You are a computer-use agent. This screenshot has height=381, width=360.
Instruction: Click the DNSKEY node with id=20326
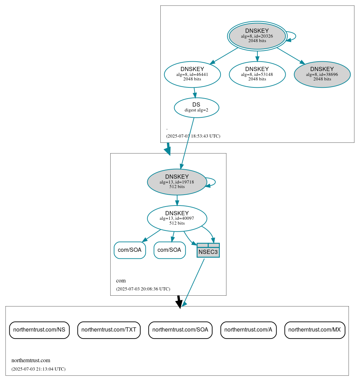(257, 36)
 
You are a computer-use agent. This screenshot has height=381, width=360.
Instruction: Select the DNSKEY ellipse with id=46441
(192, 74)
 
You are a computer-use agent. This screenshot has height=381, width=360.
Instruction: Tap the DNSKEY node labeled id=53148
(257, 74)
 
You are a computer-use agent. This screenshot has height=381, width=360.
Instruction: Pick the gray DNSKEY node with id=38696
(322, 74)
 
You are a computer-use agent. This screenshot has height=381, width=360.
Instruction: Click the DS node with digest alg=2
(196, 108)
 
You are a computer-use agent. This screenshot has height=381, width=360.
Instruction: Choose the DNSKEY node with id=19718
(177, 182)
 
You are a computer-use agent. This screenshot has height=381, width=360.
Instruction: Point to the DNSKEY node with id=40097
(177, 218)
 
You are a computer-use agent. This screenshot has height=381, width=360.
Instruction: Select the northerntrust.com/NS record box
(39, 330)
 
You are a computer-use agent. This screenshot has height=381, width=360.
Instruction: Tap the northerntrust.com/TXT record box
(109, 330)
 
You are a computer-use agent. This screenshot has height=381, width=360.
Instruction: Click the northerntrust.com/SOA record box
(180, 330)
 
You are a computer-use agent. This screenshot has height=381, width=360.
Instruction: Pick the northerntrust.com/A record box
(248, 330)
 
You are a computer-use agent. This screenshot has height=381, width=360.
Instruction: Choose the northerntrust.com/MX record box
(315, 330)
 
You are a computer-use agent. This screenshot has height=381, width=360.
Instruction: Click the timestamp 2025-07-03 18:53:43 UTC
(193, 136)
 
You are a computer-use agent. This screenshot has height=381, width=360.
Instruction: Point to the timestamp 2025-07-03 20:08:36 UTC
(143, 289)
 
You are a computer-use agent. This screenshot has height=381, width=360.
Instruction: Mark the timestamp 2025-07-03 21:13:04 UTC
(38, 369)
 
